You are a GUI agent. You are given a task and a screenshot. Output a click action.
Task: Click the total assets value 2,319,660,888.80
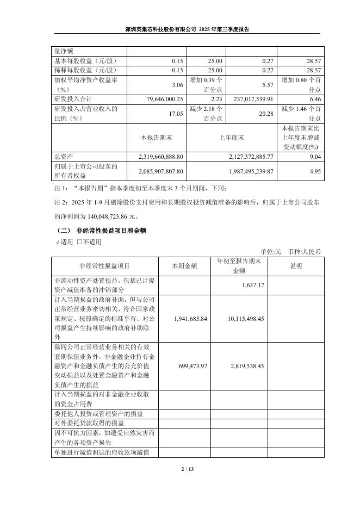[158, 157]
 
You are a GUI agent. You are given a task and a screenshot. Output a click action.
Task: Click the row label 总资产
[64, 157]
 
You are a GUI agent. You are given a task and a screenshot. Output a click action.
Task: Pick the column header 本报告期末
[157, 138]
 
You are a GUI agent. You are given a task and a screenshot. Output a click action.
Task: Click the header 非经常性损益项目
[104, 266]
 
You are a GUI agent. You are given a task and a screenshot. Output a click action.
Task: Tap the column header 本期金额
[184, 266]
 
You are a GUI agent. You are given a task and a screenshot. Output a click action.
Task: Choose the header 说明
[295, 266]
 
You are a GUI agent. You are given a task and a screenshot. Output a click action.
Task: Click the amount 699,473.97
[189, 367]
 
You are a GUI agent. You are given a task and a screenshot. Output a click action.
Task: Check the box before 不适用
[79, 242]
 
